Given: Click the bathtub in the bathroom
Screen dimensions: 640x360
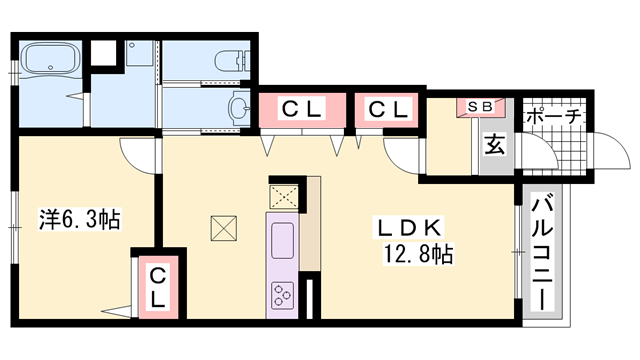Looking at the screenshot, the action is (51, 58).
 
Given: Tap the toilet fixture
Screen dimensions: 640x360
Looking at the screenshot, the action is (231, 61).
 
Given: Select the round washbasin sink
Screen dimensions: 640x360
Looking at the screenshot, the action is (240, 108).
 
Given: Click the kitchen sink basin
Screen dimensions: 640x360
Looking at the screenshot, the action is (282, 240).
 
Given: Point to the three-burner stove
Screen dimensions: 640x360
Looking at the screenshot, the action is (282, 295).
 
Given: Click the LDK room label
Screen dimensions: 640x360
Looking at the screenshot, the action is (409, 228).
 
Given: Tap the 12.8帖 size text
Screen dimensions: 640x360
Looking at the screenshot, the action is (418, 253).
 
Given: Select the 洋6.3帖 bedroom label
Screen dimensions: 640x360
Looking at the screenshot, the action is (80, 219).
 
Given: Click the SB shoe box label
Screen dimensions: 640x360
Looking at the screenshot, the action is (480, 107).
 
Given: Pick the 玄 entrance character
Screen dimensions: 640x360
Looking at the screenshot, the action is (494, 144).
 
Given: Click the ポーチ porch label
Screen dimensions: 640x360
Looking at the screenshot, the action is (554, 117).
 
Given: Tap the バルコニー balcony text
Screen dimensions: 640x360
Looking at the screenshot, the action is (542, 253).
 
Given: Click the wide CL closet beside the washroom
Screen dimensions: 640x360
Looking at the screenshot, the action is (302, 109).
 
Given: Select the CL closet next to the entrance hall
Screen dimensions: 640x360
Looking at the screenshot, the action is (387, 109).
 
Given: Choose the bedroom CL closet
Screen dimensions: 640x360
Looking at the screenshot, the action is (158, 287).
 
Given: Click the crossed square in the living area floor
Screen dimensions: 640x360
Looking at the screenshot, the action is (224, 228).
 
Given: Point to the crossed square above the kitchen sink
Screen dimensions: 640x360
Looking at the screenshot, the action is (284, 197).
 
